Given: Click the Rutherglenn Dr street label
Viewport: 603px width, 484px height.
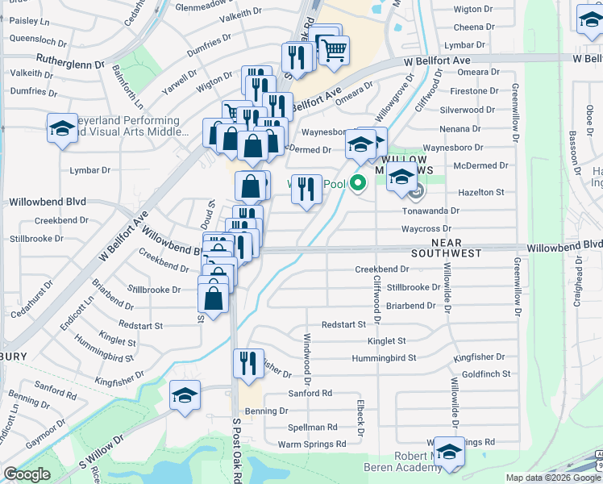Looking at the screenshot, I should (71, 61).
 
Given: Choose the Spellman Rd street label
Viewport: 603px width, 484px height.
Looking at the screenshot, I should (312, 427).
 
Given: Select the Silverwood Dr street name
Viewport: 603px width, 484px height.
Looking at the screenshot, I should (468, 110).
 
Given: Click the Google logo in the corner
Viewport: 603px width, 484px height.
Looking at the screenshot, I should (27, 474).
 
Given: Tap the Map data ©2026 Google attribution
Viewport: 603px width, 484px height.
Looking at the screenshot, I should (553, 478).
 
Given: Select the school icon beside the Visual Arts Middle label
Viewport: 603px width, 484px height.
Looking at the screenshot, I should (62, 128).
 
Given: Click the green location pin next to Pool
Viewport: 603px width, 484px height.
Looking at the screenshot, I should (356, 185).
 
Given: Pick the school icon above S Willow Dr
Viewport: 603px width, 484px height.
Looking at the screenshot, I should (185, 396).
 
